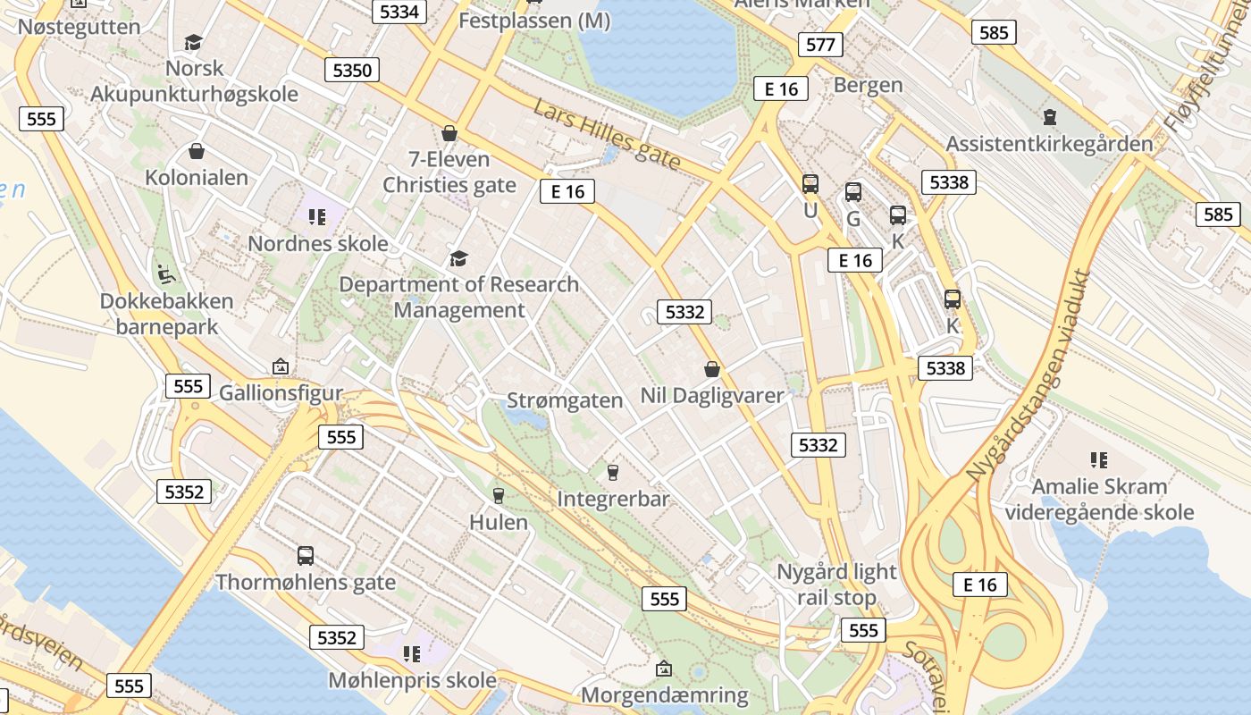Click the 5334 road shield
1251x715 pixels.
399,11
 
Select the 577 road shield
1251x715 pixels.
819,45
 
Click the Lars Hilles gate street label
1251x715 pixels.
608,135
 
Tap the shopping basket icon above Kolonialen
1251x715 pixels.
197,151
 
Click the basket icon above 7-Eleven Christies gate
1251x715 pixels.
449,133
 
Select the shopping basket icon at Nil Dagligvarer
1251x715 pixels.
712,368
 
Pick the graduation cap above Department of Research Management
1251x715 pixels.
458,258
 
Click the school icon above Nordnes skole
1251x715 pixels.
316,216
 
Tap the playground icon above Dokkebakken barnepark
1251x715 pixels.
165,273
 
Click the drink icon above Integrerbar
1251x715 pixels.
613,471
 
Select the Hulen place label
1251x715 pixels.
499,522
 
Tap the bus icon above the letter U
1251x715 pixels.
810,184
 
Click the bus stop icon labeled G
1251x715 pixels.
853,191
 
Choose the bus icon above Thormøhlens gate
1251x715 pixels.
306,556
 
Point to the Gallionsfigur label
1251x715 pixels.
281,392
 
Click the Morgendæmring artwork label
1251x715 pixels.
665,695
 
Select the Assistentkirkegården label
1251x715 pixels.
1049,143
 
